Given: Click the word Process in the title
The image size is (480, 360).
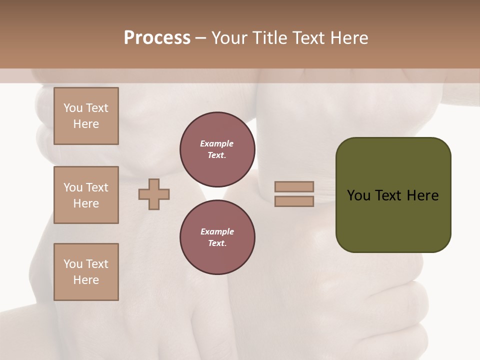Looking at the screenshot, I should (157, 38).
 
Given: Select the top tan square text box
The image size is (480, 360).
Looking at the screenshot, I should (86, 116).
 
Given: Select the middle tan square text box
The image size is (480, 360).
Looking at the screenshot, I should (86, 195).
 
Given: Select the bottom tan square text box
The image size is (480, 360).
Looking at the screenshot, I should (86, 272).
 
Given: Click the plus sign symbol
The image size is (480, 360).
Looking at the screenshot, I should (154, 194).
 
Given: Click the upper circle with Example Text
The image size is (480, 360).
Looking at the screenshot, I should (217, 149).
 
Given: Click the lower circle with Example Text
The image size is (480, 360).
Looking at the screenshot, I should (217, 237).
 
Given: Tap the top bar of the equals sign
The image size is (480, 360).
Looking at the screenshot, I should (294, 187).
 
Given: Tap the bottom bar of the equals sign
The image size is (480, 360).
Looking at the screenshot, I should (294, 201).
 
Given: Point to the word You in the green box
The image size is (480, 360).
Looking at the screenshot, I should (359, 195).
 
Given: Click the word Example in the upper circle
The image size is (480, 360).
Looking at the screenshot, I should (217, 143).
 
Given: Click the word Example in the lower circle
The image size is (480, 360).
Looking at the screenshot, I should (217, 231).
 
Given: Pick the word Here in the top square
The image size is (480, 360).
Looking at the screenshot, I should (86, 124).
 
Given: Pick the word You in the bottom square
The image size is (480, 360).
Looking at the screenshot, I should (73, 264).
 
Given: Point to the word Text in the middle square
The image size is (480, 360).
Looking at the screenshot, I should (97, 187).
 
